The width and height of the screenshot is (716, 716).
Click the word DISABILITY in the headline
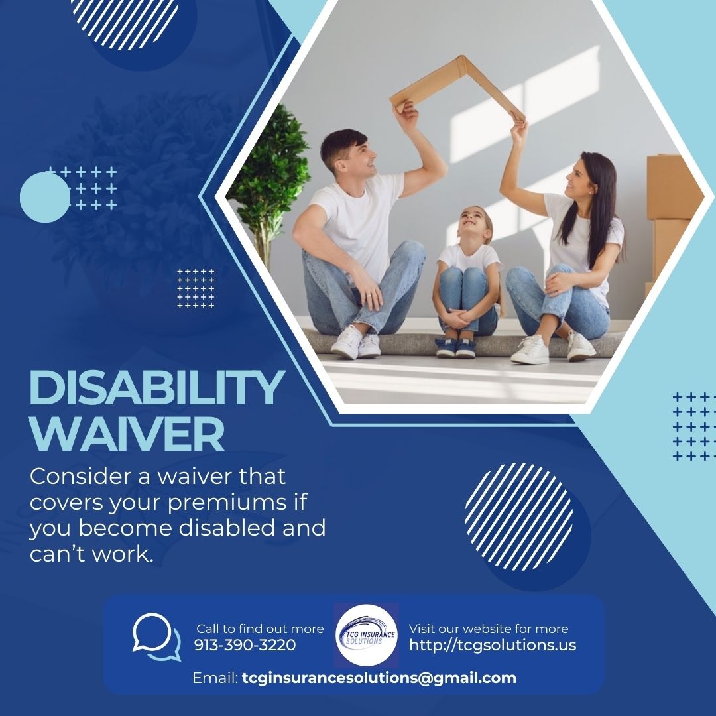(157, 388)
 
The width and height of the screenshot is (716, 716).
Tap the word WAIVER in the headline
(127, 434)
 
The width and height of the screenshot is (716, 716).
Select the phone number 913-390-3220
(245, 644)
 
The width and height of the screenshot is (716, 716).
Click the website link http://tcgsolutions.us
(493, 644)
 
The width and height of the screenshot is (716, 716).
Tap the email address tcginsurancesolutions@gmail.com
(379, 678)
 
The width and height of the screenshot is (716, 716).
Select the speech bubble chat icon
(156, 636)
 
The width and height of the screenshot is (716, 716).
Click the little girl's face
(476, 225)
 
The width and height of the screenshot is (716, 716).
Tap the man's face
(351, 156)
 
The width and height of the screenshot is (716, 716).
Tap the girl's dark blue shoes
(455, 348)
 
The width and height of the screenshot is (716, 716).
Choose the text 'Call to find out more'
(260, 628)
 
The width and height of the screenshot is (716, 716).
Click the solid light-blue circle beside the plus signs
(44, 197)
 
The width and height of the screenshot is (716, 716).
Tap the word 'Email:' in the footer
(215, 678)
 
